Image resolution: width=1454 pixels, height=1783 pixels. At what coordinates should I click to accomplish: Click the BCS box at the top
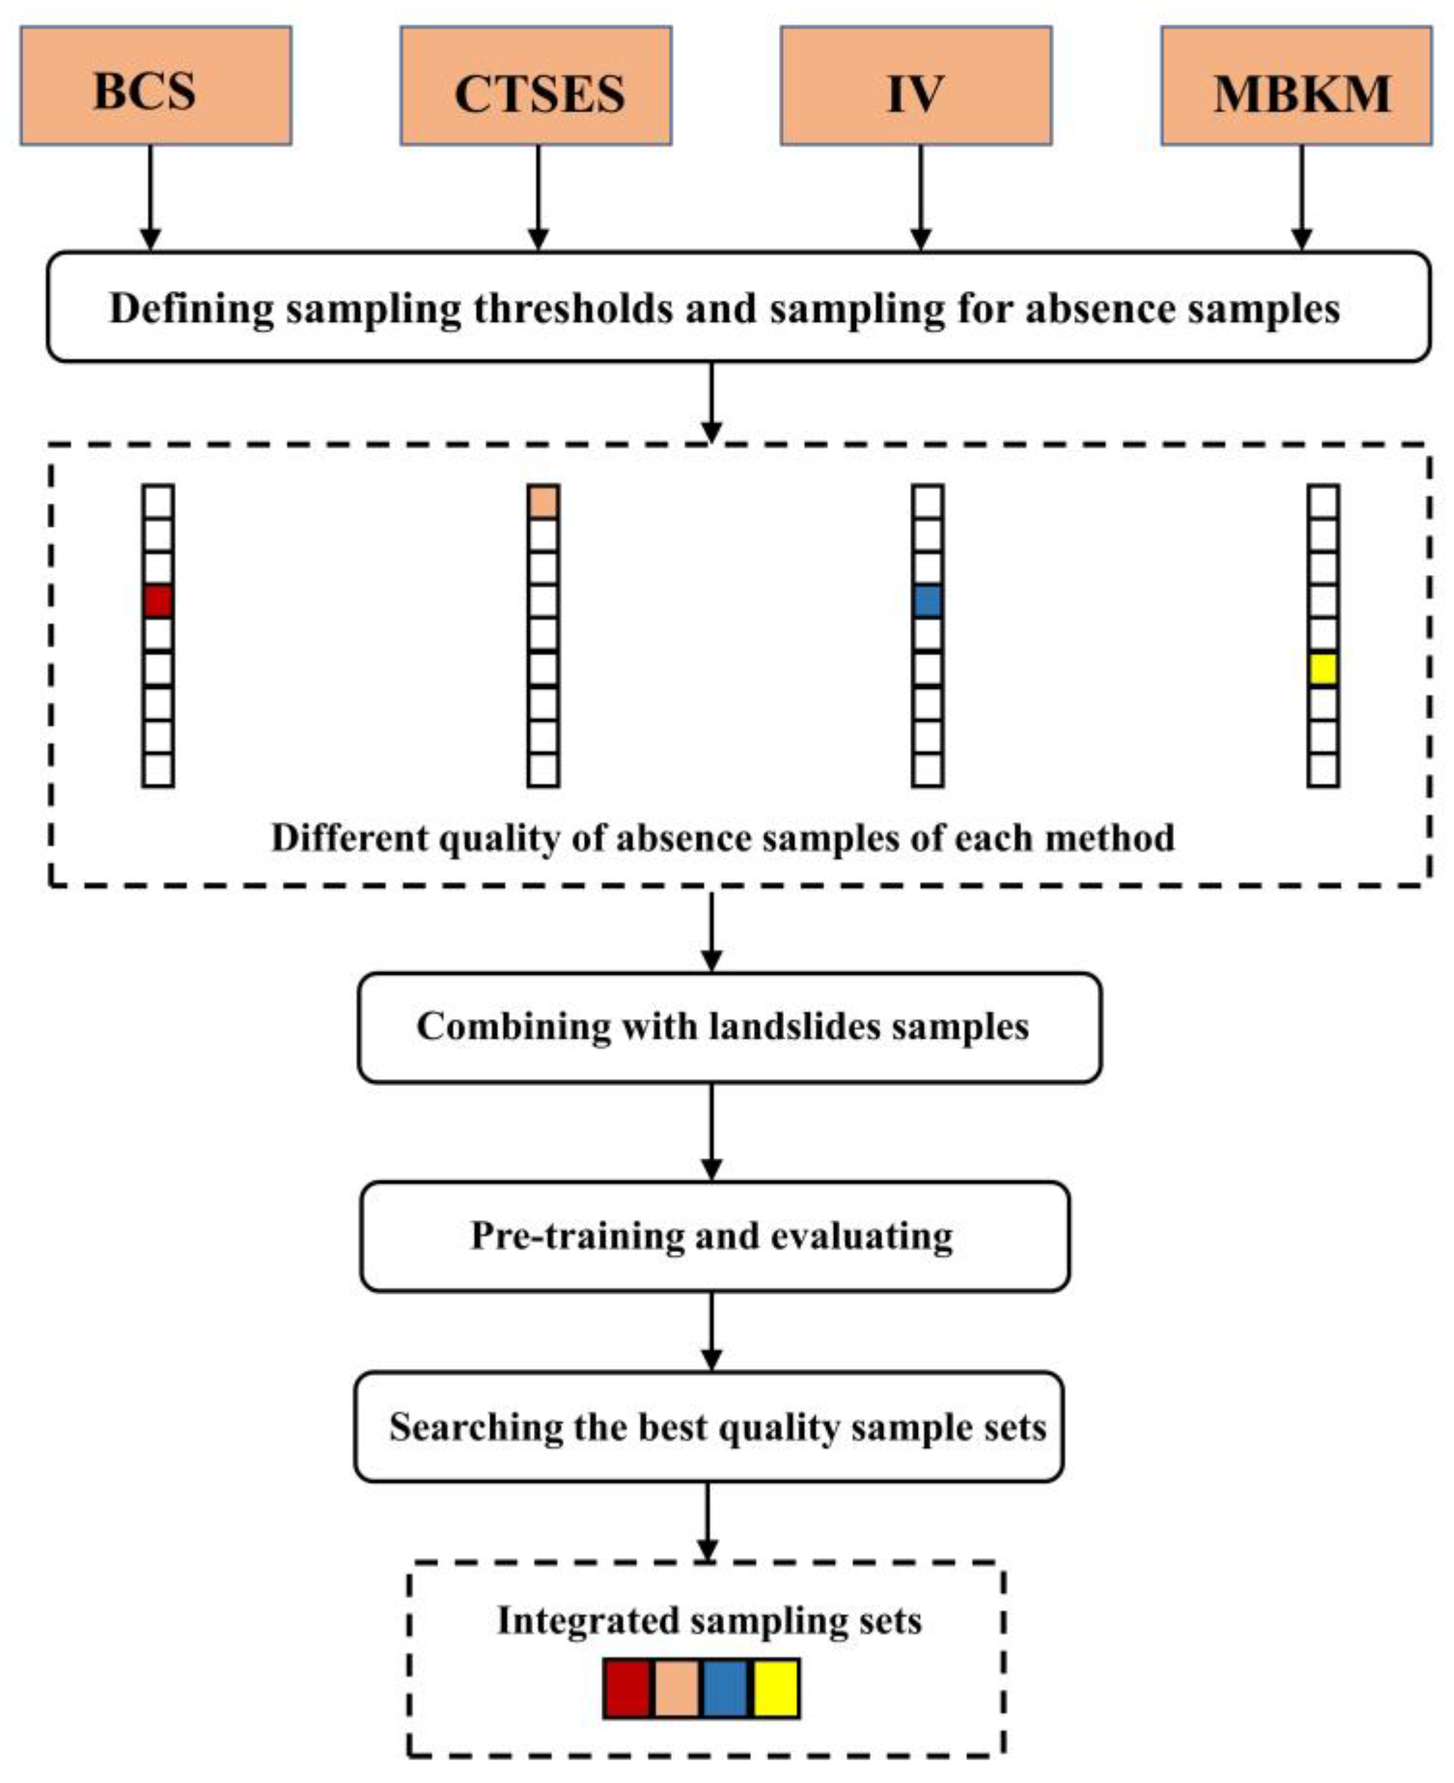point(156,86)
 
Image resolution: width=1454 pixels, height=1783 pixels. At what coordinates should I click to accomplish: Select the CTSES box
point(536,86)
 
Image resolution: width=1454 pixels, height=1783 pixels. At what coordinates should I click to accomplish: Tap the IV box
point(916,86)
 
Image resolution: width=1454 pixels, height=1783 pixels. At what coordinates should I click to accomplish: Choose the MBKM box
point(1296,86)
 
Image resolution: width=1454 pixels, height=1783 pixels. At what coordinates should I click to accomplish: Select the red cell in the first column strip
point(158,601)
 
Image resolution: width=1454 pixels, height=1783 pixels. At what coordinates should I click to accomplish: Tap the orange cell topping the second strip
point(543,502)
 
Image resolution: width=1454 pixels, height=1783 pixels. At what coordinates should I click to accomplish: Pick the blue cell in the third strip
point(927,601)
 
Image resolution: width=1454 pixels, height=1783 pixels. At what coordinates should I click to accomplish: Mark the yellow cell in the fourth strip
point(1323,669)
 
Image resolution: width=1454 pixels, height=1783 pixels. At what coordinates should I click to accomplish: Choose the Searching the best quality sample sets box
point(709,1427)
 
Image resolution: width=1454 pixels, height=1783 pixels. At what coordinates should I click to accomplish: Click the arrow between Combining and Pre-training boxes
point(711,1131)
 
